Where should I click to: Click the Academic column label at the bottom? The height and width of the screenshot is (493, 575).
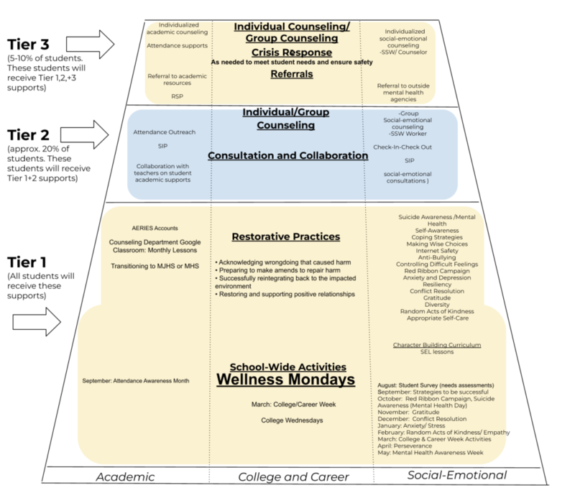[x=125, y=476]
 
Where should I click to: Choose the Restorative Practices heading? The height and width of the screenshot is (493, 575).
[x=286, y=236]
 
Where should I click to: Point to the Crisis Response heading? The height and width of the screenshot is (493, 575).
[x=292, y=52]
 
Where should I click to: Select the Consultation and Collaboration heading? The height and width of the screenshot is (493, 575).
[x=288, y=155]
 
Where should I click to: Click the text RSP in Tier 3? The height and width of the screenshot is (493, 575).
[x=177, y=95]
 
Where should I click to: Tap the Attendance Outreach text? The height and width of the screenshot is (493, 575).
[x=165, y=132]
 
